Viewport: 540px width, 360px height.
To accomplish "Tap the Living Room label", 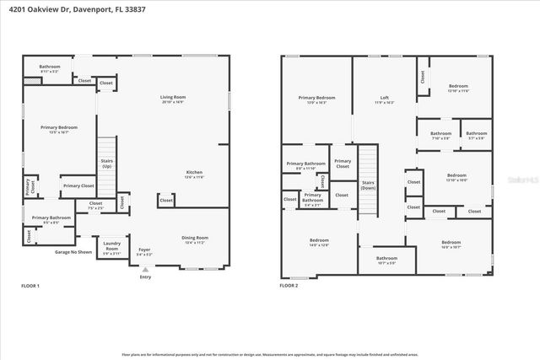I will (x=173, y=98).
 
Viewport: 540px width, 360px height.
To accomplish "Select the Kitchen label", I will (x=194, y=173).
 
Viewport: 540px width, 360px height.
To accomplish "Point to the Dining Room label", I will (x=195, y=239).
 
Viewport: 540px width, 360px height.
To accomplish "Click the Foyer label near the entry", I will (x=144, y=250).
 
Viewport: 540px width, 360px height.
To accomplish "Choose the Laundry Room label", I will (x=112, y=247).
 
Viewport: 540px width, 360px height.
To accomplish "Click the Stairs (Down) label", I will (x=368, y=184).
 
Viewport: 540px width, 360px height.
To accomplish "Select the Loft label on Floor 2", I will (x=384, y=98).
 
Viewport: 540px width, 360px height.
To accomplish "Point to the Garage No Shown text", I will (x=73, y=252).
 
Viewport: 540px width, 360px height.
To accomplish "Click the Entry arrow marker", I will (x=145, y=270).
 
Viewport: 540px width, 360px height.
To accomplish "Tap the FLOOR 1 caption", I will (x=30, y=287).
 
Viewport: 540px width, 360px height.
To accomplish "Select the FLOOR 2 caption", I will (x=289, y=287).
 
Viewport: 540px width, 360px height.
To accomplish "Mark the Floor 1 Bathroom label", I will (x=50, y=67).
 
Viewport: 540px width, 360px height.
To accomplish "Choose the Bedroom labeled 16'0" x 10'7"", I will (x=451, y=244).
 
